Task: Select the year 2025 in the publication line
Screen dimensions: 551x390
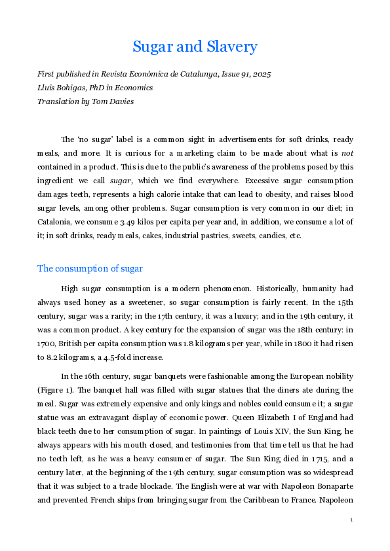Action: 261,75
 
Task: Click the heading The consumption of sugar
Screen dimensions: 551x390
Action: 90,268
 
